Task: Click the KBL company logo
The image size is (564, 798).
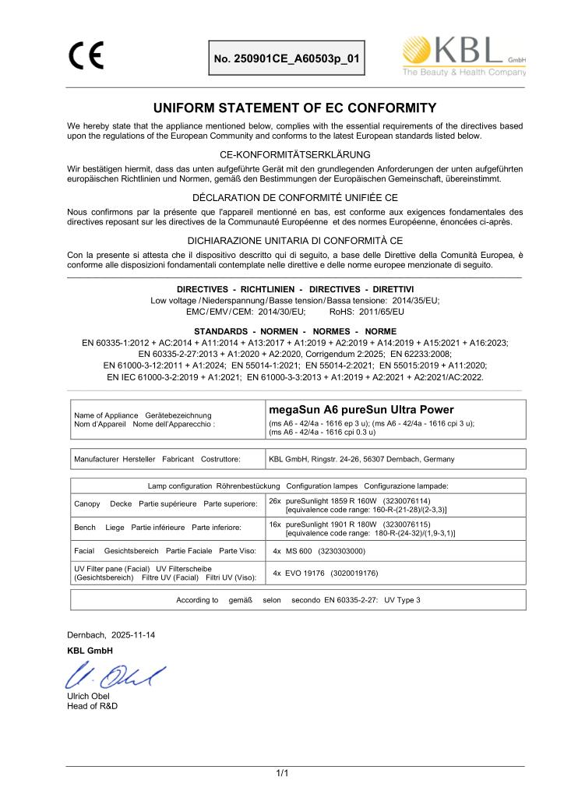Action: (464, 56)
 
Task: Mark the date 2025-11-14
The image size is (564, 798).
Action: (132, 635)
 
